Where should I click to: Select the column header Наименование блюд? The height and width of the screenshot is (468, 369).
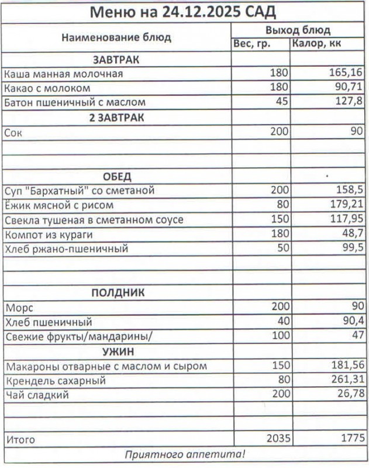coord(116,37)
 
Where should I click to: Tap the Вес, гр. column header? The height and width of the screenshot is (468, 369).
coord(252,44)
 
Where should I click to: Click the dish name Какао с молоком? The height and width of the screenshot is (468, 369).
coord(47,88)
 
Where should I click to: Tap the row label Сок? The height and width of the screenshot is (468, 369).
coord(13,132)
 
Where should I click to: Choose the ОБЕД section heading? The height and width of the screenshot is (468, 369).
coord(117,177)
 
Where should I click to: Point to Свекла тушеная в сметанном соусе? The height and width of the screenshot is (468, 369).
coord(94,220)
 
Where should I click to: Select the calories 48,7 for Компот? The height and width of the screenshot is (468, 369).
coord(351,235)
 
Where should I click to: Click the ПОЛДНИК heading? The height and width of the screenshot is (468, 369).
coord(118,293)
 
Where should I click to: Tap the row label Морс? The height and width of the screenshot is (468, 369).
coord(17,308)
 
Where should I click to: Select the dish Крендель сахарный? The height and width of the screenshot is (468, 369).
coord(55,381)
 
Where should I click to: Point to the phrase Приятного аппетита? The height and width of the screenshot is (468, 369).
coord(185,454)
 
